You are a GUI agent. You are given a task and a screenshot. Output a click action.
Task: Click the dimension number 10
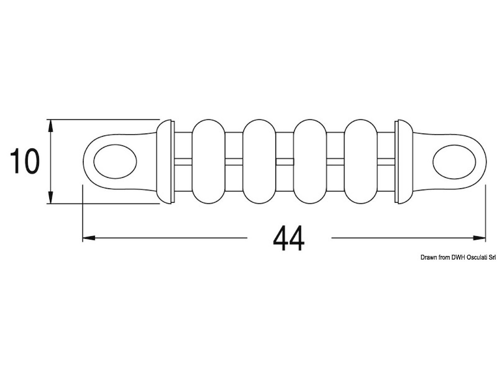[25, 161]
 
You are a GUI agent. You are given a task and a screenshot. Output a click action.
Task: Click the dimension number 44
[289, 238]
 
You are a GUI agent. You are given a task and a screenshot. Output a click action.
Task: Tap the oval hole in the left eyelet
[115, 162]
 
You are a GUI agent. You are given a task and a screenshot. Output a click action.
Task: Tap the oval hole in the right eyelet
[454, 162]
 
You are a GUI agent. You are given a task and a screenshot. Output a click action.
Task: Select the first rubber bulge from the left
[209, 162]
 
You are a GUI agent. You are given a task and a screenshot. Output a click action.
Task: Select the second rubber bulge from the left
[259, 162]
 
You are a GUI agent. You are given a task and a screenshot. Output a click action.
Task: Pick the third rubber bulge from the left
[310, 162]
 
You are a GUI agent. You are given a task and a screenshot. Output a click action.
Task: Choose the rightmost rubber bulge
[361, 162]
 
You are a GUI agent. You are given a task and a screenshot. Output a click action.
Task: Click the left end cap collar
[165, 162]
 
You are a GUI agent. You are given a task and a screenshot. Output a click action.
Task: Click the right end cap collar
[404, 162]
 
